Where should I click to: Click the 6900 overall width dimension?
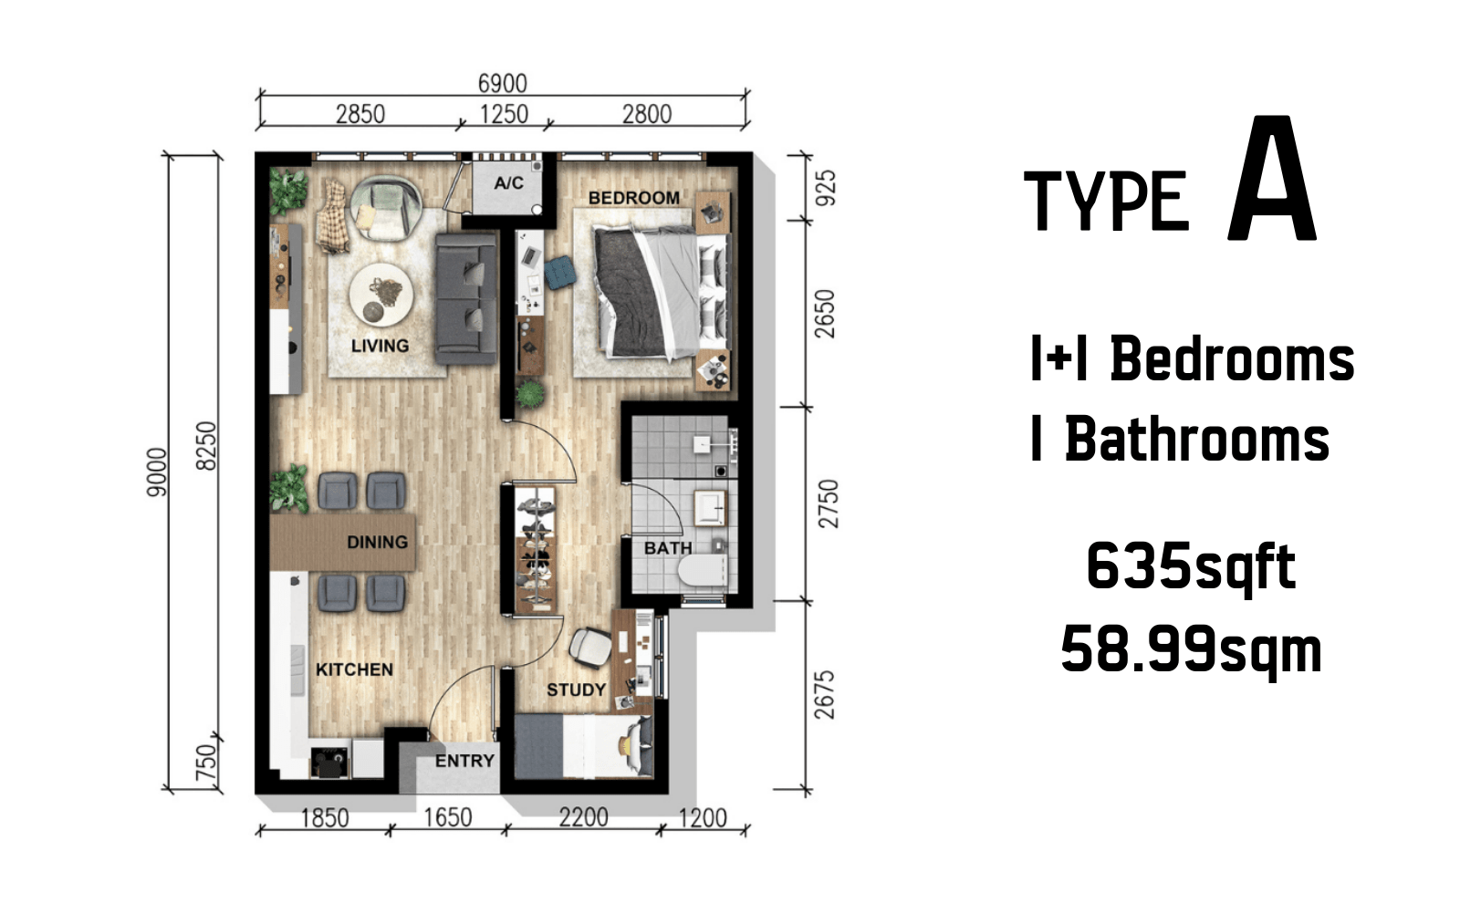(502, 83)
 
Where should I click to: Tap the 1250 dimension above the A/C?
(504, 114)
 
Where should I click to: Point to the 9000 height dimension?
(157, 472)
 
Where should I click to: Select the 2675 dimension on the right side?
(825, 695)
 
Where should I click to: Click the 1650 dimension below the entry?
(448, 817)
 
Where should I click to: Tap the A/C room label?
(508, 183)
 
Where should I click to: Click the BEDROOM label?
(633, 197)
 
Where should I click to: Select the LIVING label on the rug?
(380, 346)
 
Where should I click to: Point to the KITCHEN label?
(355, 669)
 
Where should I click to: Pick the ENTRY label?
(464, 761)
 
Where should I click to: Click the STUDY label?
(576, 690)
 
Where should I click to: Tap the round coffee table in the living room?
(381, 295)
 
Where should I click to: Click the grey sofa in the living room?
(465, 298)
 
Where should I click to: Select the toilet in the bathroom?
(703, 570)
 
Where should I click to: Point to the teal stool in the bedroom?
(560, 273)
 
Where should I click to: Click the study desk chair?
(590, 648)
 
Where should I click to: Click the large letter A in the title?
(1272, 179)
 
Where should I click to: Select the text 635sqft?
(1191, 568)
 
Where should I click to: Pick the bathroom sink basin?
(709, 508)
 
